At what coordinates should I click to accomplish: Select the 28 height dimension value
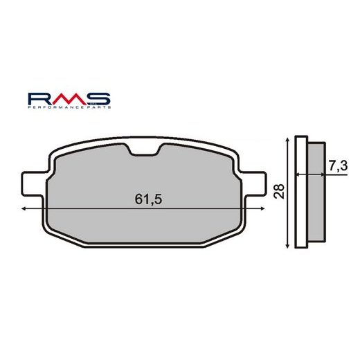pos(278,192)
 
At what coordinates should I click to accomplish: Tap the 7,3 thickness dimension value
pos(336,166)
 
